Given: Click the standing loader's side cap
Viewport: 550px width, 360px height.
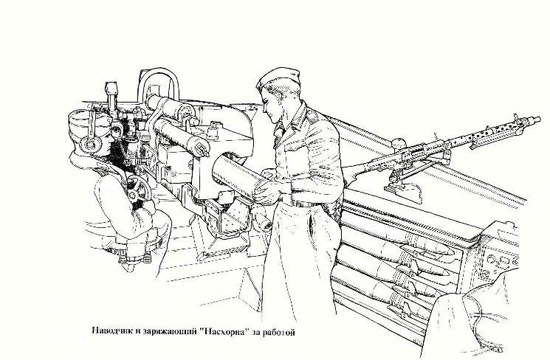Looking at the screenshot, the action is [279, 78].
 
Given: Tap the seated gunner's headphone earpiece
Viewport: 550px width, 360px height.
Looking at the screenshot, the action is [90, 141].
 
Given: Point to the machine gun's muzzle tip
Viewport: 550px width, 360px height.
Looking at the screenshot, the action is [537, 119].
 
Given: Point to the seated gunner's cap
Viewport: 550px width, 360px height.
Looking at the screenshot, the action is [81, 119].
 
